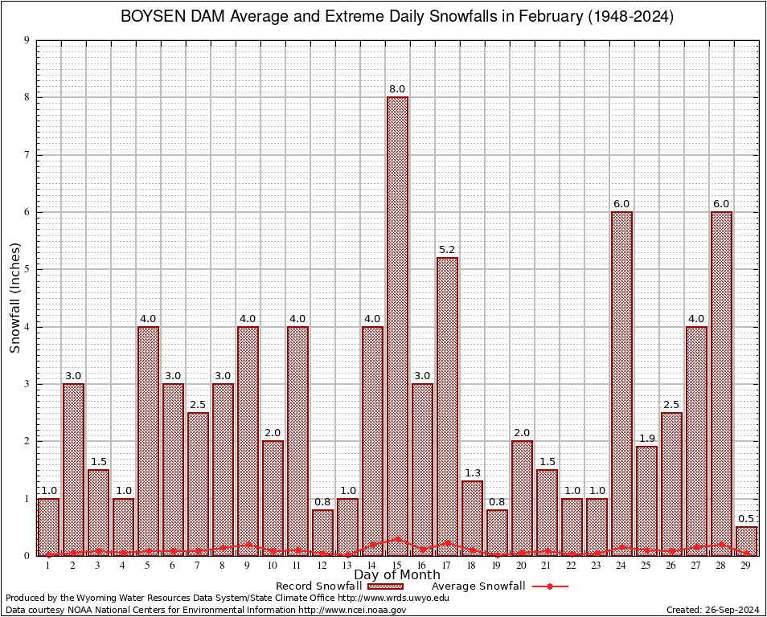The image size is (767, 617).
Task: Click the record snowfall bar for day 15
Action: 397,321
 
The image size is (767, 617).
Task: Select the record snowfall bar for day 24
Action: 621,378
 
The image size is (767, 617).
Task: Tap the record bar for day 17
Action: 447,402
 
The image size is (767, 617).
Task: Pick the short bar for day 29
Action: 746,541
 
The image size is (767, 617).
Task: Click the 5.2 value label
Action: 447,250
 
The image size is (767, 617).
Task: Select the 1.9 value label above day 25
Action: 646,439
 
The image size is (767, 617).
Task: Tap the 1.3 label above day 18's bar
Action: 472,473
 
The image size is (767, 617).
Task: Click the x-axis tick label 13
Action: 347,566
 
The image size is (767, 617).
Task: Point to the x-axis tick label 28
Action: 721,566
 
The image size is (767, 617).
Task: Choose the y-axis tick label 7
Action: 27,155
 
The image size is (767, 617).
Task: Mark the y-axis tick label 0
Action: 27,556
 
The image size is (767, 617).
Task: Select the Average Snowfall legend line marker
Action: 549,586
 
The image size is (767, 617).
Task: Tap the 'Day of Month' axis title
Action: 397,575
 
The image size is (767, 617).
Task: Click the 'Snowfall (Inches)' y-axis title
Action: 14,297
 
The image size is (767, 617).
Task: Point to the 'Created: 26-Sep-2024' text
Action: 713,610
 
